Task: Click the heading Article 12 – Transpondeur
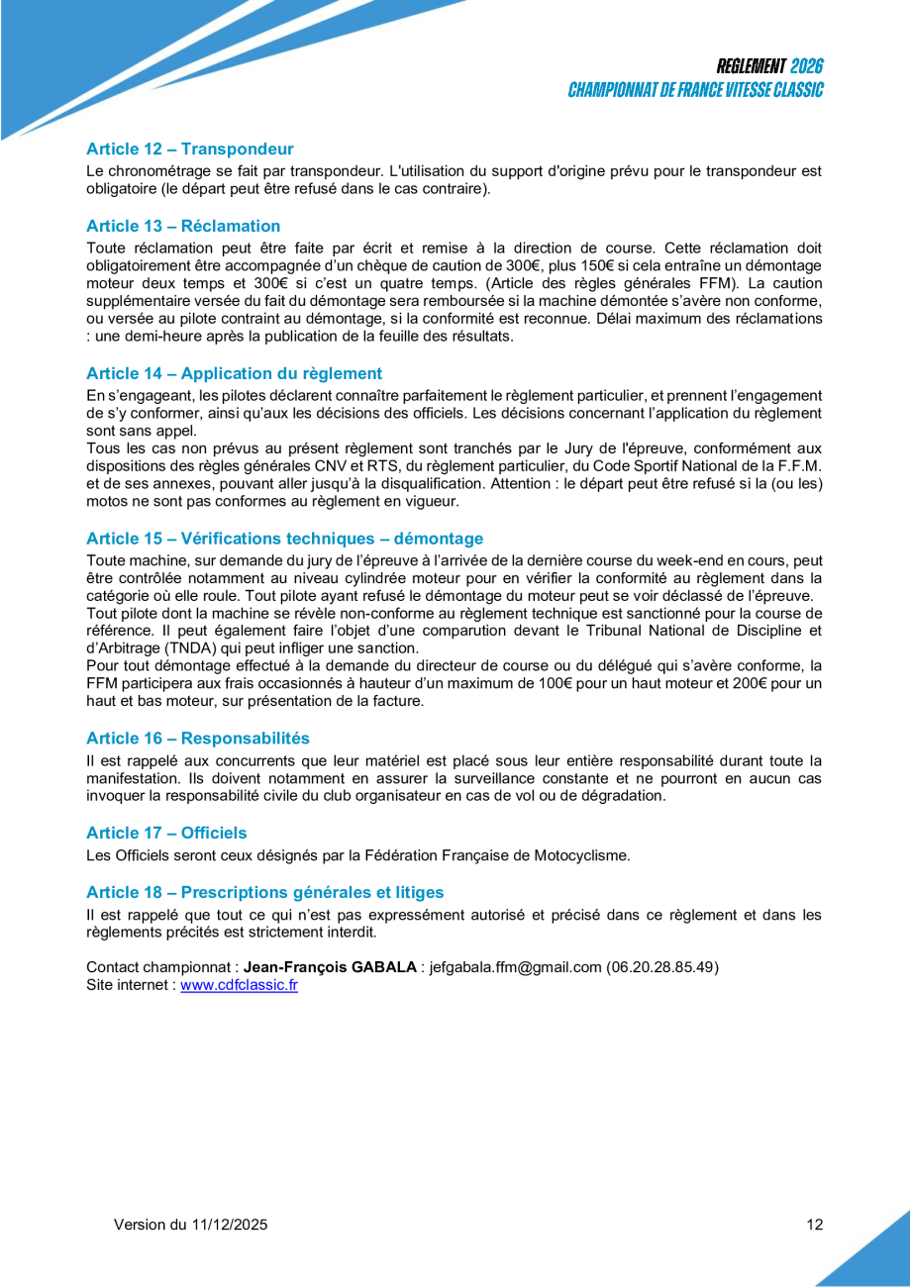190,149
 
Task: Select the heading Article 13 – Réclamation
183,227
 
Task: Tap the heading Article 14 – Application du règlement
234,374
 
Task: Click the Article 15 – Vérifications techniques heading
284,540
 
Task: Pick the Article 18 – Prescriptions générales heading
264,893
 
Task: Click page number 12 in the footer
814,1225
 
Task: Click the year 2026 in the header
806,66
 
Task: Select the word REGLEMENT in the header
752,66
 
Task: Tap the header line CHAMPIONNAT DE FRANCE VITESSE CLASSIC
695,90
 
